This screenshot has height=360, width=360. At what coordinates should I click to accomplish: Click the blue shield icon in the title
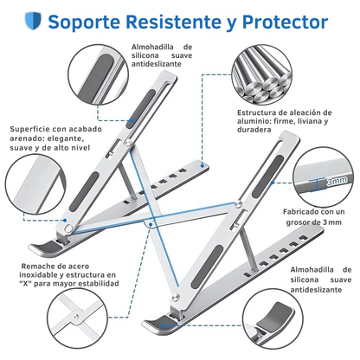pyautogui.click(x=33, y=20)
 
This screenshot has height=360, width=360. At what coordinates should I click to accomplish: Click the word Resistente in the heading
pyautogui.click(x=173, y=22)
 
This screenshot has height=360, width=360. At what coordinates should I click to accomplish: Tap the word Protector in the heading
pyautogui.click(x=285, y=22)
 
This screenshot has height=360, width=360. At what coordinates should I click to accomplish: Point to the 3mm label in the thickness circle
pyautogui.click(x=337, y=181)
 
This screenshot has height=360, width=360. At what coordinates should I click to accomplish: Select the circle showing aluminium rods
pyautogui.click(x=261, y=74)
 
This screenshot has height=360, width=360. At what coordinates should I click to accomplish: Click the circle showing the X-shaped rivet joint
pyautogui.click(x=77, y=318)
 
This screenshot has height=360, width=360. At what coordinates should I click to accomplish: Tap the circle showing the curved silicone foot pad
pyautogui.click(x=273, y=318)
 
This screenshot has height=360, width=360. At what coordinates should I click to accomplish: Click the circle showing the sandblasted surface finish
pyautogui.click(x=35, y=183)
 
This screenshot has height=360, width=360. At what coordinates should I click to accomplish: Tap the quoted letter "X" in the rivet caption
pyautogui.click(x=26, y=284)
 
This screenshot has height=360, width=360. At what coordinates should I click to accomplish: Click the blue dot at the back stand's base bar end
pyautogui.click(x=202, y=165)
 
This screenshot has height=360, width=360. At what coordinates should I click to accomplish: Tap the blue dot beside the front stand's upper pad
pyautogui.click(x=272, y=183)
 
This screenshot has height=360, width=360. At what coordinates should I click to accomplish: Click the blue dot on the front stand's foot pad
pyautogui.click(x=164, y=325)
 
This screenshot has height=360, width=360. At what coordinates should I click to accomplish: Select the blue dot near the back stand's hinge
pyautogui.click(x=65, y=220)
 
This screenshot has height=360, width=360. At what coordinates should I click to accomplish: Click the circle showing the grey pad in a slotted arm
pyautogui.click(x=99, y=74)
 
